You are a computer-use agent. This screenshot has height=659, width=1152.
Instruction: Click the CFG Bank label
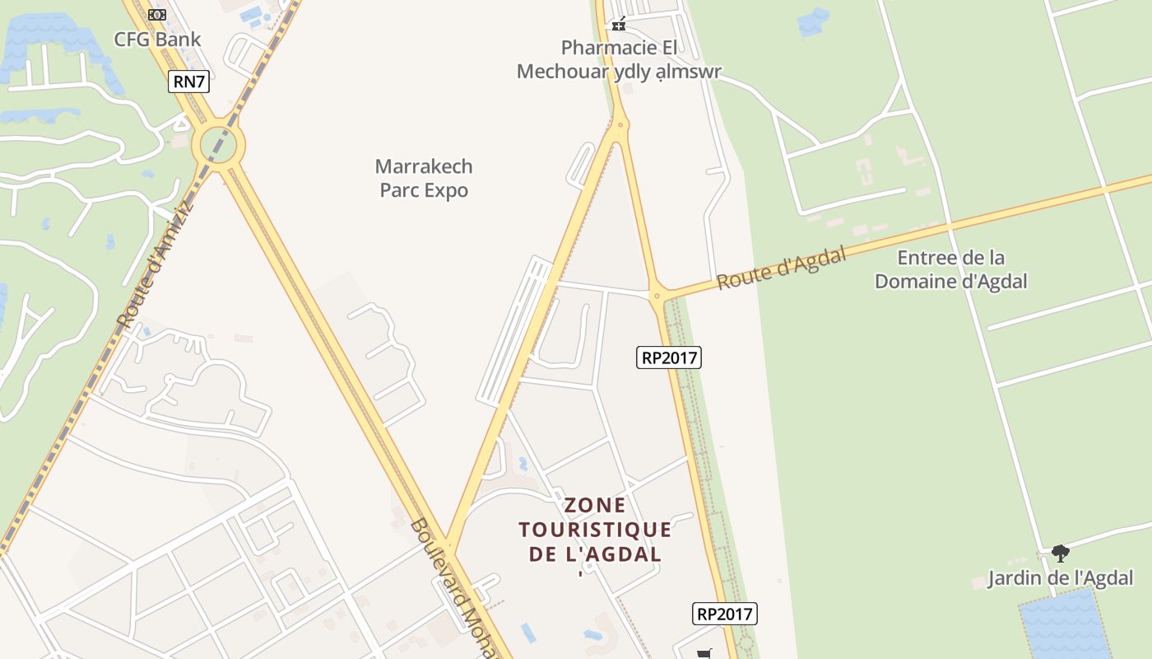157,39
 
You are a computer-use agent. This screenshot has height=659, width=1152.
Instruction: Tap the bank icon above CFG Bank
157,14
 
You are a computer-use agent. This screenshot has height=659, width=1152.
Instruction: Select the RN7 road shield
188,81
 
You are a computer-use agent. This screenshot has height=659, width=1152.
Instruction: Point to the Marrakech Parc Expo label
424,178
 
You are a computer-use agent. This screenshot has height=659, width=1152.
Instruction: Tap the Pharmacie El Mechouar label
619,59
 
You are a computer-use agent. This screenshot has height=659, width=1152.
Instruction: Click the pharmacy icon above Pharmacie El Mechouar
619,25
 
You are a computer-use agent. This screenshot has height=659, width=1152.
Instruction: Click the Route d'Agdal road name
781,269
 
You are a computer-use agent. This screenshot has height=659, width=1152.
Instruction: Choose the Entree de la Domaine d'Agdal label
950,269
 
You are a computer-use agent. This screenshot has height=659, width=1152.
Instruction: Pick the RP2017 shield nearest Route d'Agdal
669,358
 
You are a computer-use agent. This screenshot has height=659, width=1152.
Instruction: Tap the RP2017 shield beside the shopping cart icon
724,614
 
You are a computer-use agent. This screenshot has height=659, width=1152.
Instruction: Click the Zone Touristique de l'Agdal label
595,529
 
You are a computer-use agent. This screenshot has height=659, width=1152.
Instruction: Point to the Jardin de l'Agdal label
1061,578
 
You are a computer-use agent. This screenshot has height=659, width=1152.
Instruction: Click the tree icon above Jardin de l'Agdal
1061,553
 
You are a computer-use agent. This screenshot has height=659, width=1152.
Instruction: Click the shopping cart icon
704,654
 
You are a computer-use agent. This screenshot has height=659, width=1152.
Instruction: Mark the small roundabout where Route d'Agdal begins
657,295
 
